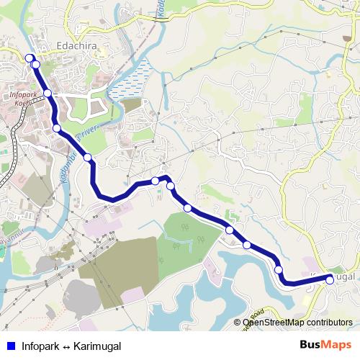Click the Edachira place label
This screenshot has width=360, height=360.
(x=76, y=49)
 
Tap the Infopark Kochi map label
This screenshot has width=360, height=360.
(x=25, y=98)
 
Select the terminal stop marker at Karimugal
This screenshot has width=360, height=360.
(x=330, y=279)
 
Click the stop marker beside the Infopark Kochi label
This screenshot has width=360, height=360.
(x=48, y=94)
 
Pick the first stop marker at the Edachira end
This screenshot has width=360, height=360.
(x=30, y=58)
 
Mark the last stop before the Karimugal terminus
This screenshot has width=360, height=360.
(x=279, y=269)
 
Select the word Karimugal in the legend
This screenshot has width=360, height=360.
(x=97, y=346)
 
